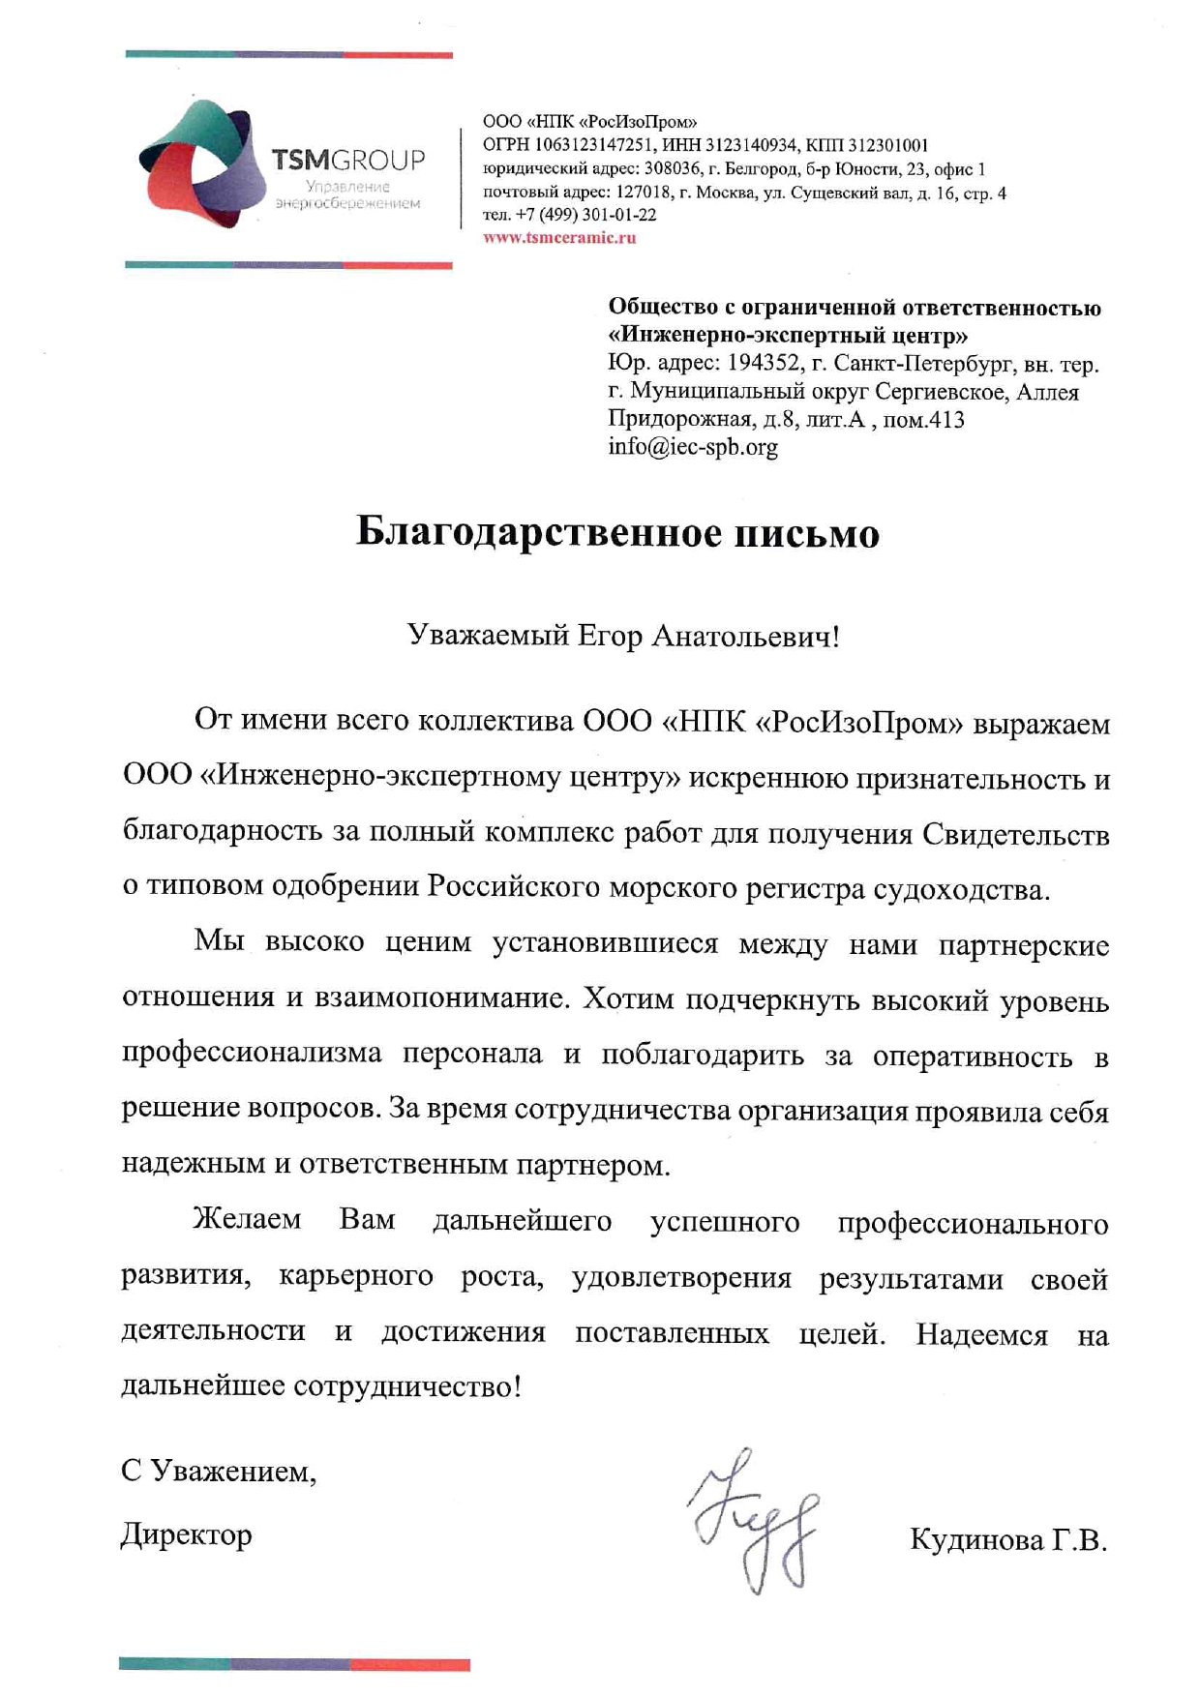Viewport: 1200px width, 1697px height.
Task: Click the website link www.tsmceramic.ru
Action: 559,238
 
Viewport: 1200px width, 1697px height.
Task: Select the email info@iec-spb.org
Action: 693,447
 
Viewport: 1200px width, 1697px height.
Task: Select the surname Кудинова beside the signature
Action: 975,1539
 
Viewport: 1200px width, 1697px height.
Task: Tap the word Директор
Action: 187,1534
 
